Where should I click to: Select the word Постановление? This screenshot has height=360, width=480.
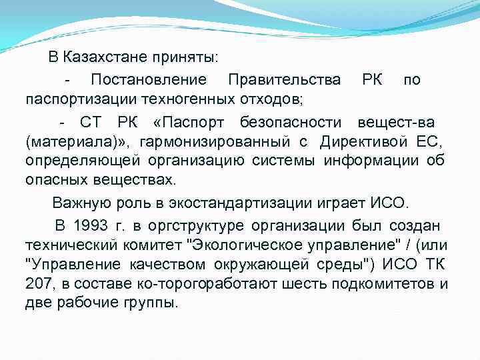coord(149,80)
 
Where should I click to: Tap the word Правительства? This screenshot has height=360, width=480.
coord(284,80)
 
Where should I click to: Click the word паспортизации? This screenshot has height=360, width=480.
coord(81,100)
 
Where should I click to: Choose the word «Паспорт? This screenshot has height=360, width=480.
coord(188,123)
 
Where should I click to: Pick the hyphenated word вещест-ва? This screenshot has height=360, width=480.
coord(396,123)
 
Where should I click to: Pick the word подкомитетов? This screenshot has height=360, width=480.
coord(394,283)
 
